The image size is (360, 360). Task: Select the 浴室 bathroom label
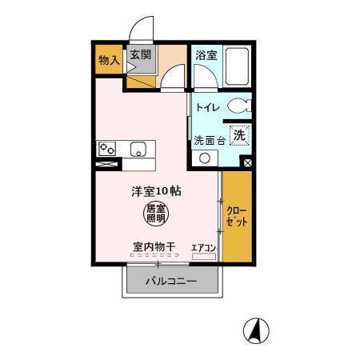tap(206, 55)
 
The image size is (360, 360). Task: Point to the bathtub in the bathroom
tap(237, 66)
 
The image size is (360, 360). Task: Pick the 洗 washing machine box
tap(238, 136)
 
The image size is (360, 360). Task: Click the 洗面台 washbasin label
tap(210, 140)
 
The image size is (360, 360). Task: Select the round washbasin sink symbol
tap(206, 158)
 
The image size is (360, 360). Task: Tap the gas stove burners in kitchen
tap(107, 150)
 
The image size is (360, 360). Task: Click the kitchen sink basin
tap(138, 150)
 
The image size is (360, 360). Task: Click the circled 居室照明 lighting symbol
tap(156, 213)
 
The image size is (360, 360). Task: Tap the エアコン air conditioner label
tap(204, 247)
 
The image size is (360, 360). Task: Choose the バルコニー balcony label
tap(170, 282)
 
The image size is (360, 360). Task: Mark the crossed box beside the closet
tap(247, 162)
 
